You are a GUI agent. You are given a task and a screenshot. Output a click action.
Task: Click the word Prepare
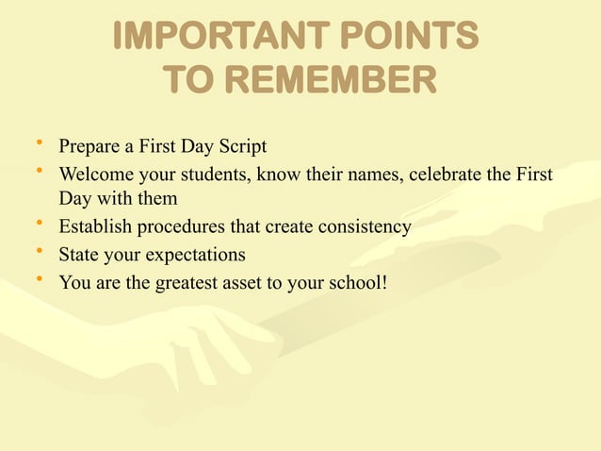tap(88, 147)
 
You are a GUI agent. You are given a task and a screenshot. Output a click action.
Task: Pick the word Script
tap(242, 147)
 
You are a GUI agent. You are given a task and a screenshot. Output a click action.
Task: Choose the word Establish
tap(95, 227)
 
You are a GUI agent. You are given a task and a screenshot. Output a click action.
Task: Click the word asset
tap(244, 281)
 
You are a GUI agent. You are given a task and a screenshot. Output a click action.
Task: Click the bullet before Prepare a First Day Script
tap(39, 145)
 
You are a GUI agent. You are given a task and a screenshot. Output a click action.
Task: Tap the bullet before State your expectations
tap(39, 253)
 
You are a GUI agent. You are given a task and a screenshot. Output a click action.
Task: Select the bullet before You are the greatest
tap(39, 279)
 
